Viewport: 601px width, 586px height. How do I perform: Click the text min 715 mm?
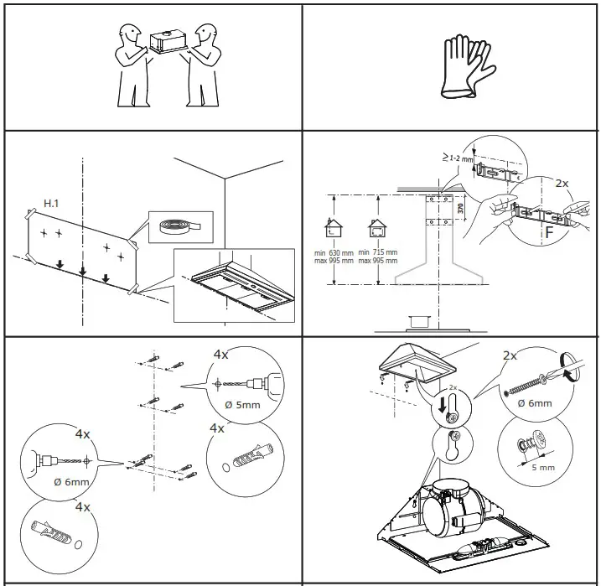coord(377,252)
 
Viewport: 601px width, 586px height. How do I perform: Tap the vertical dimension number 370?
coord(460,207)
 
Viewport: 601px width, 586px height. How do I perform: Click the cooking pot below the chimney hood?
coord(417,321)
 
